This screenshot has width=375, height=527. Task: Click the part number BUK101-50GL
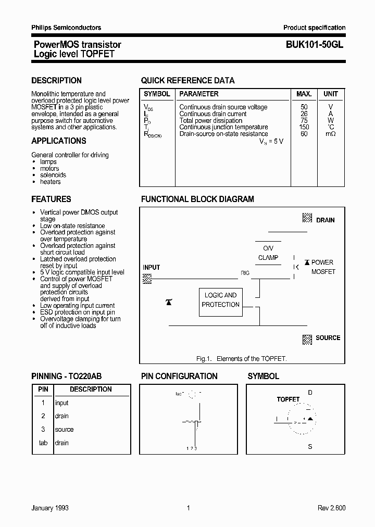coord(314,45)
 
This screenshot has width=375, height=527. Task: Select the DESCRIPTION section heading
coord(56,81)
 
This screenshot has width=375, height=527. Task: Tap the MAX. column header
coord(304,94)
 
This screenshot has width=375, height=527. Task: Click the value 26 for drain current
coord(304,114)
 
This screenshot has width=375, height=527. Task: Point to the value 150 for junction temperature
coord(304,127)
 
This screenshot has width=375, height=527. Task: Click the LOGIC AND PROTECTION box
coord(220,300)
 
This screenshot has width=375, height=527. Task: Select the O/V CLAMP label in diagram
coord(268,253)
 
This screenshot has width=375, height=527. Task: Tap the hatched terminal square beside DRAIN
coord(307,219)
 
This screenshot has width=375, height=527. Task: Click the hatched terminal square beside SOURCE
coord(307,339)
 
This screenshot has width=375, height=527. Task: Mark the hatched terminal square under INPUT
coord(147,279)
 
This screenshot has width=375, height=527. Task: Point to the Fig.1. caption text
coord(241,359)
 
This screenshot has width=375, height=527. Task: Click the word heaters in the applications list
coord(51,182)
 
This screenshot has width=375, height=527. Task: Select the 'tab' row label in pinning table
coord(43,443)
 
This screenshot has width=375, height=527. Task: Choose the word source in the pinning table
coord(65,430)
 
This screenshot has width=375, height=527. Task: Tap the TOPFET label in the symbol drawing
coord(288,399)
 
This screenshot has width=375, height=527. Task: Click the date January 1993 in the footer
coord(50,508)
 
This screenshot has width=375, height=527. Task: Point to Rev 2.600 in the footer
coord(331,508)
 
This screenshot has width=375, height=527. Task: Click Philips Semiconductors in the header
coord(66,28)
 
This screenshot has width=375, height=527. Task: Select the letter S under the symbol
coord(310,447)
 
